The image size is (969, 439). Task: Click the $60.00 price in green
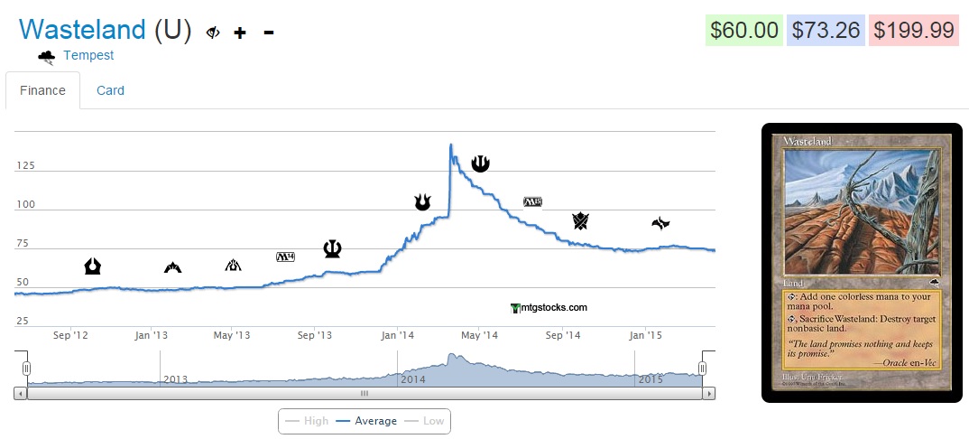[743, 30]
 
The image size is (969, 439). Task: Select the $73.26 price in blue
[826, 30]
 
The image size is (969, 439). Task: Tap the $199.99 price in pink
[912, 30]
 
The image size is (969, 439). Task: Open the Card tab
[110, 90]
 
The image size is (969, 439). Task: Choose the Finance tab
[42, 90]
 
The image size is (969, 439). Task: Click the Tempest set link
[88, 56]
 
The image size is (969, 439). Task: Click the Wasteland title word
[82, 30]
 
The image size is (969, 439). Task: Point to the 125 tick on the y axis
[27, 166]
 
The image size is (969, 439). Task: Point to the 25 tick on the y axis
[23, 321]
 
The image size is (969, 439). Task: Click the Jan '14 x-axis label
[397, 335]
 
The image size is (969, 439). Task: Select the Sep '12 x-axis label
[71, 335]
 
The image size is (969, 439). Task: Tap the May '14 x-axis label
[479, 335]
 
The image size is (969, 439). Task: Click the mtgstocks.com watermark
[549, 307]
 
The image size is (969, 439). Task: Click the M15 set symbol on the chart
[532, 201]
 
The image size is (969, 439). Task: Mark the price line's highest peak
[450, 145]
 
